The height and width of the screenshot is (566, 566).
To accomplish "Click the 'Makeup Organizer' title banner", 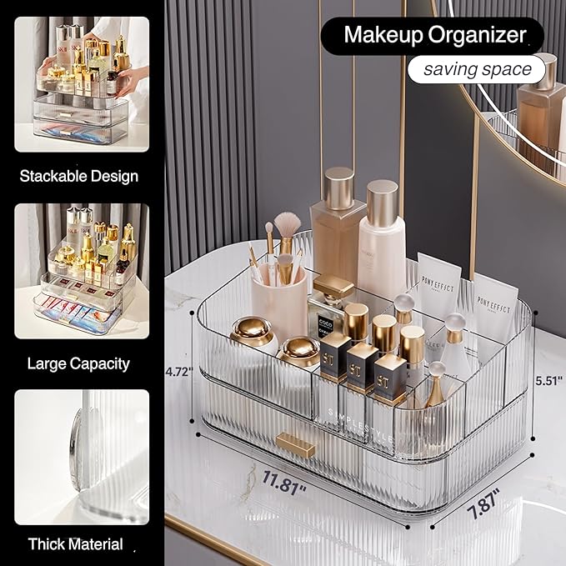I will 434,36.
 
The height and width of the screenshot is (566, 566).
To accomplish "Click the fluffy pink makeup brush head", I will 287,223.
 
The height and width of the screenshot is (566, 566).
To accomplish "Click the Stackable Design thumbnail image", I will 81,84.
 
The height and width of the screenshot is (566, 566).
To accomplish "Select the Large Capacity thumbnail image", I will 81,271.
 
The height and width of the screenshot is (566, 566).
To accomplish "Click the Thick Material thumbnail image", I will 81,457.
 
